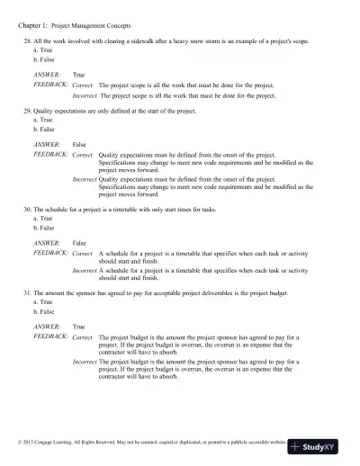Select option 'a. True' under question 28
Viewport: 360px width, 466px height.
[42, 50]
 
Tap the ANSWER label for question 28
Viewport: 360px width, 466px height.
[47, 75]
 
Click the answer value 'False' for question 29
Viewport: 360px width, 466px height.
[79, 143]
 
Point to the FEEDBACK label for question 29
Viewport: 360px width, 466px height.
[51, 154]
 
